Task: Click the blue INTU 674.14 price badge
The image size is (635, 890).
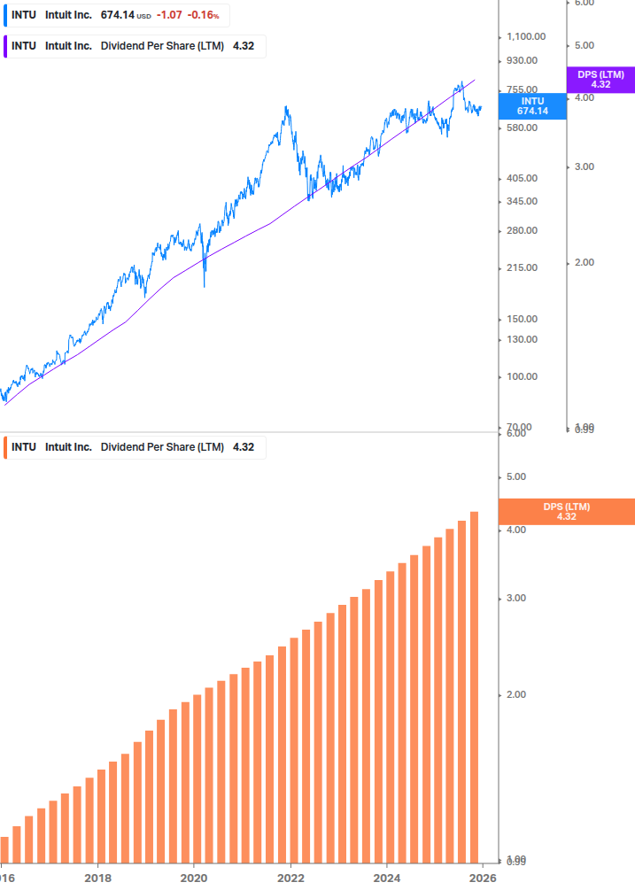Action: pyautogui.click(x=532, y=105)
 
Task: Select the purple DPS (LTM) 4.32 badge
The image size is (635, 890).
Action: pyautogui.click(x=600, y=80)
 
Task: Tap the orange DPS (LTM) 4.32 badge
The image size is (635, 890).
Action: pyautogui.click(x=567, y=512)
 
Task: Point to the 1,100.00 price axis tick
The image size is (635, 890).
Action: pyautogui.click(x=525, y=36)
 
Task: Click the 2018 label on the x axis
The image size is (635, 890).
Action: pyautogui.click(x=97, y=878)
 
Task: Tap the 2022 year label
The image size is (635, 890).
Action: pyautogui.click(x=290, y=878)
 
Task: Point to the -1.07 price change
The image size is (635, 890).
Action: pyautogui.click(x=170, y=15)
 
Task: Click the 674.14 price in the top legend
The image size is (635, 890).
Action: pyautogui.click(x=117, y=15)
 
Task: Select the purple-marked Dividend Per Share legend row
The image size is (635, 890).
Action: pyautogui.click(x=133, y=46)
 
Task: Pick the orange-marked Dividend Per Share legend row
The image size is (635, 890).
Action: pyautogui.click(x=133, y=447)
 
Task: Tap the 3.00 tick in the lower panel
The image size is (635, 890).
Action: pyautogui.click(x=515, y=599)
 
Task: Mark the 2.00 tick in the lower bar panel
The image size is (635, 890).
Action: pyautogui.click(x=515, y=694)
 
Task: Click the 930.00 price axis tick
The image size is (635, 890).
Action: pyautogui.click(x=521, y=60)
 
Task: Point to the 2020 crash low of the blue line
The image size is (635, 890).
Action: pyautogui.click(x=205, y=285)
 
